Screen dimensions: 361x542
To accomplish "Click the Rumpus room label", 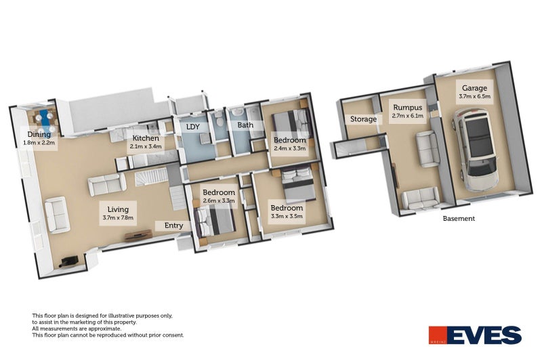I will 407,107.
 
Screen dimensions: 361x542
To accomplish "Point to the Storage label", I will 363,119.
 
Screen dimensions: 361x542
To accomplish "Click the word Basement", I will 459,219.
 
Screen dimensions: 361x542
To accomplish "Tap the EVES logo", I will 475,335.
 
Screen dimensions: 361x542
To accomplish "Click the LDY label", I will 192,125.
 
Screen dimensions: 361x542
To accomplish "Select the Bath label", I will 245,125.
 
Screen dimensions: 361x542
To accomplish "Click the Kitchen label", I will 146,137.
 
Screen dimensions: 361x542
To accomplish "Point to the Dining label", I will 39,134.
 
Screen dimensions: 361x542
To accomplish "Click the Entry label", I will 167,226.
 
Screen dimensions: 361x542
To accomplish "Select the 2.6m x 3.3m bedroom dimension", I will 219,201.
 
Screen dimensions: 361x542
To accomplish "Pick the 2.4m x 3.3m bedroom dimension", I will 290,148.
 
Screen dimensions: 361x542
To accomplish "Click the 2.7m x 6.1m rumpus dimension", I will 407,116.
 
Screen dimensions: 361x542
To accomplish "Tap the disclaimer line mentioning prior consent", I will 108,335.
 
